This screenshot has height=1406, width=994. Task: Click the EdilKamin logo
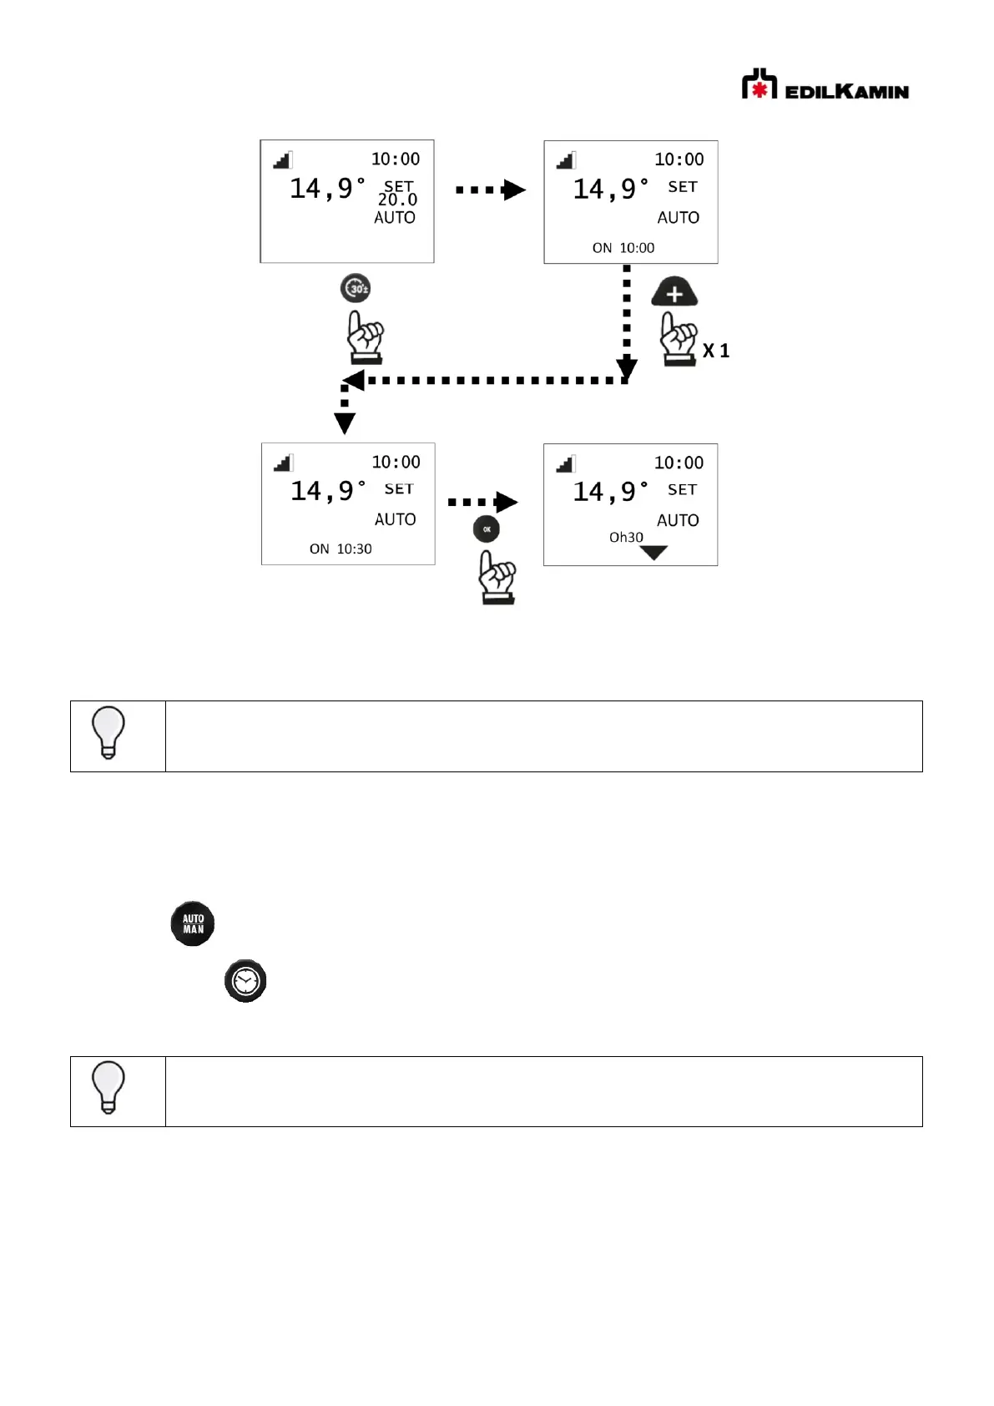[825, 85]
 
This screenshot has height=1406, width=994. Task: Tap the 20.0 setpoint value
[397, 200]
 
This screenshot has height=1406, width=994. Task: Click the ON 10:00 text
[623, 248]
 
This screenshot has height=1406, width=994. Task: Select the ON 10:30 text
[341, 549]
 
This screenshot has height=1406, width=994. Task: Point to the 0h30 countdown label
[626, 538]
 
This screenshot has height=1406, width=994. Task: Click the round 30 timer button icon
[356, 289]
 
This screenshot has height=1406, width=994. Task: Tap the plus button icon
[674, 293]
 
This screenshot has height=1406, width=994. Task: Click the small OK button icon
[487, 529]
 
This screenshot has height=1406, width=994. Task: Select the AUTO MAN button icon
[193, 924]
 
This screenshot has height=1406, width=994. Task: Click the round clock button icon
[245, 981]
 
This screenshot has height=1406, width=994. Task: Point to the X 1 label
[716, 351]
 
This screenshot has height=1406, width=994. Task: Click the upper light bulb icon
[108, 732]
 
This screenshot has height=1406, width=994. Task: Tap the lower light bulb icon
[108, 1087]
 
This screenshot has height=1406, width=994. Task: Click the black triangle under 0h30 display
[653, 553]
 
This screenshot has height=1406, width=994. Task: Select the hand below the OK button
[497, 578]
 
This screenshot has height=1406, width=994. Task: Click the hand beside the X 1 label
[678, 339]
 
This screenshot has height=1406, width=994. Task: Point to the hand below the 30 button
[366, 338]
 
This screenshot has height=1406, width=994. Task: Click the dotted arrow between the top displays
[491, 190]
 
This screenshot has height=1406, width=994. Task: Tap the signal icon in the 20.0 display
[283, 159]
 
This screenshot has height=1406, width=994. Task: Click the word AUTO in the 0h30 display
[678, 521]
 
